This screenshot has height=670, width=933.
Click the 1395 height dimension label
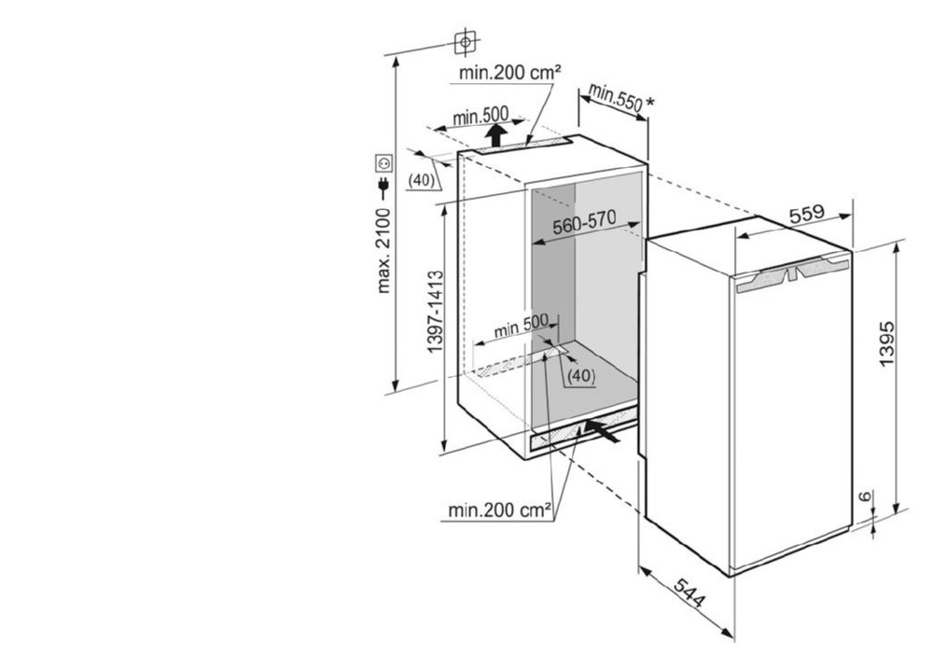(x=886, y=344)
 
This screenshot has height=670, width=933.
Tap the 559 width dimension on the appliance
(x=807, y=214)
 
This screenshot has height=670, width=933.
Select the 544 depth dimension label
(x=689, y=593)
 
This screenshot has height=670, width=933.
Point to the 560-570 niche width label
(x=584, y=224)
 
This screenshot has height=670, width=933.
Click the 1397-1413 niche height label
(x=436, y=311)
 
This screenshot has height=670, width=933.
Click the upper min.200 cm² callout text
(x=510, y=73)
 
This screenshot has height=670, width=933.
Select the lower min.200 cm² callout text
(x=500, y=509)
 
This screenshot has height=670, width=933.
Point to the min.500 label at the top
(x=480, y=116)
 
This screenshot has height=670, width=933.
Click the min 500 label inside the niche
(x=522, y=326)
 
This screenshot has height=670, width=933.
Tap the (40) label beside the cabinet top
(x=422, y=179)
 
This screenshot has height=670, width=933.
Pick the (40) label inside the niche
(x=580, y=375)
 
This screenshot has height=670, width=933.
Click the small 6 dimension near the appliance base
(x=866, y=496)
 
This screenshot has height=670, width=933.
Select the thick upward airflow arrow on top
(x=495, y=134)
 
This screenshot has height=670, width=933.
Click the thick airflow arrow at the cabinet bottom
(x=602, y=430)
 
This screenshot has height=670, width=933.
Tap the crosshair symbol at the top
(x=466, y=42)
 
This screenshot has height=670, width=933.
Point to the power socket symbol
(x=383, y=161)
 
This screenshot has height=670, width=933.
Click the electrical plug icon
(x=383, y=188)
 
